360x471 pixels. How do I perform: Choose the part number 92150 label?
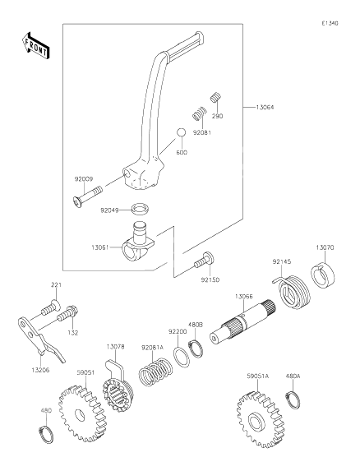210,280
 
